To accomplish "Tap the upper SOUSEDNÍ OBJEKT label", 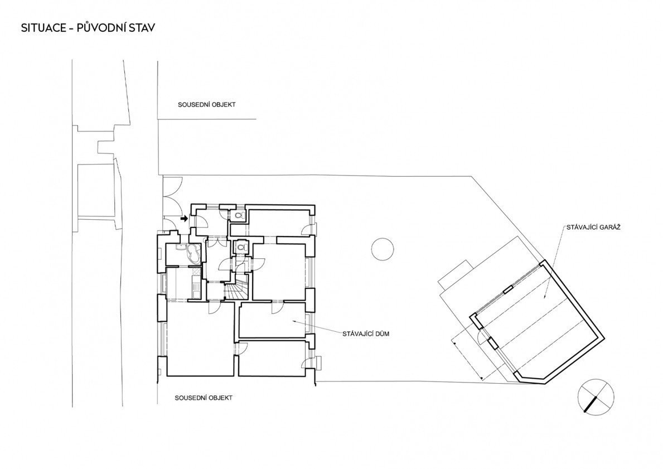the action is [206, 104].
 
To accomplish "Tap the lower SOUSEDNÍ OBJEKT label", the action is [204, 398].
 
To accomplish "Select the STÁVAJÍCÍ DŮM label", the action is [366, 334].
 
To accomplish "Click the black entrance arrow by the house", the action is [184, 219].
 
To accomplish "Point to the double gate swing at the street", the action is [172, 195].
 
